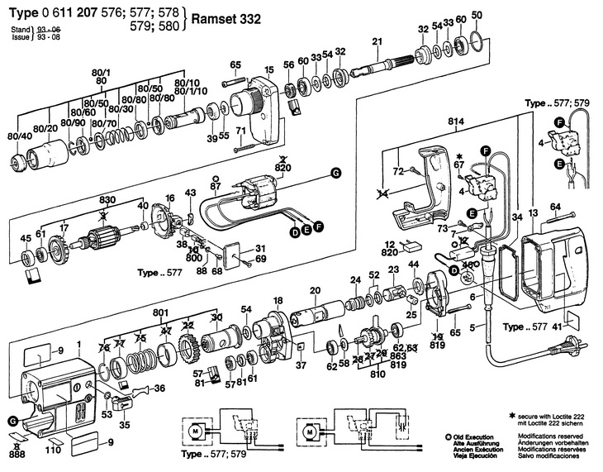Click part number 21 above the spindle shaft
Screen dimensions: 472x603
coord(377,42)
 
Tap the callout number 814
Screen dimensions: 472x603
coord(452,122)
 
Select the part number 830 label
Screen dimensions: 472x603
coord(107,200)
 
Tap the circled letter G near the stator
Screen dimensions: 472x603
coord(335,173)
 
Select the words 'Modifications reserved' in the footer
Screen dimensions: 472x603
coord(548,434)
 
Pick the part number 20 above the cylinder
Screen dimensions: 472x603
coord(315,289)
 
